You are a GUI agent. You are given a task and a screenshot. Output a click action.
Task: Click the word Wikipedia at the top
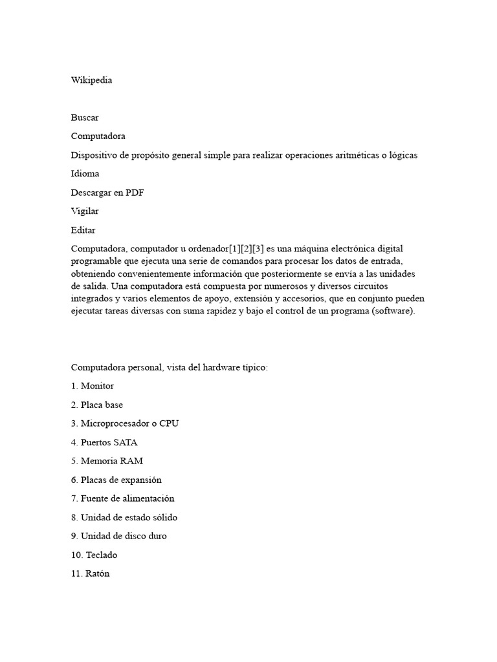click(91, 80)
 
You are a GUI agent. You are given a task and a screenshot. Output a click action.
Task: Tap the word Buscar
click(85, 118)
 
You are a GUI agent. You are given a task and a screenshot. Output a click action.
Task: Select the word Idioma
click(85, 174)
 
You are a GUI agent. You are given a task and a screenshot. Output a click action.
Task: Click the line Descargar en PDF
click(107, 193)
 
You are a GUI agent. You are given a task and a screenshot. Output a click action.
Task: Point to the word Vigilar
click(85, 211)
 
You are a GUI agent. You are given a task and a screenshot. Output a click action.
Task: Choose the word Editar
click(83, 230)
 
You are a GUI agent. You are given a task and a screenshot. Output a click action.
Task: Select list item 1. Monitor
click(93, 386)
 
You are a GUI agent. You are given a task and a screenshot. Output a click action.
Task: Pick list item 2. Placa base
click(97, 405)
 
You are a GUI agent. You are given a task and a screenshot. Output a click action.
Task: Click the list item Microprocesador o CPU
click(125, 423)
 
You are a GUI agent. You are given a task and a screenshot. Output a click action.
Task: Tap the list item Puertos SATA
click(104, 442)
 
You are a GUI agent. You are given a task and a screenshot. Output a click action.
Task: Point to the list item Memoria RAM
click(107, 461)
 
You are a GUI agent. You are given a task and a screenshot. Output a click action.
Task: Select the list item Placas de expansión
click(116, 480)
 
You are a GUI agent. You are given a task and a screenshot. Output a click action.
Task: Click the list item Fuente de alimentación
click(122, 498)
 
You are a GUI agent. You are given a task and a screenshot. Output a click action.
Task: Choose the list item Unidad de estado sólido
click(124, 517)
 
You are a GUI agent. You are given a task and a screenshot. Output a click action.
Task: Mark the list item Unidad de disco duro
click(119, 536)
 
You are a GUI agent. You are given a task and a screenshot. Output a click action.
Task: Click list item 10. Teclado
click(94, 555)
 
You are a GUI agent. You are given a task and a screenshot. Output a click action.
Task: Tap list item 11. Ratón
click(91, 573)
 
